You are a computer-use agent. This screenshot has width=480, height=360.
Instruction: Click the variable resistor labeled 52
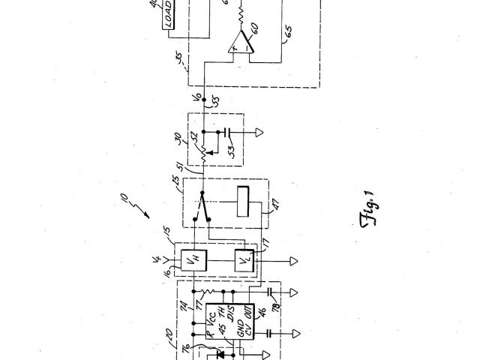pyautogui.click(x=203, y=152)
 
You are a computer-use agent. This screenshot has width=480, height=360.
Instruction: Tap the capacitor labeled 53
pyautogui.click(x=226, y=139)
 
